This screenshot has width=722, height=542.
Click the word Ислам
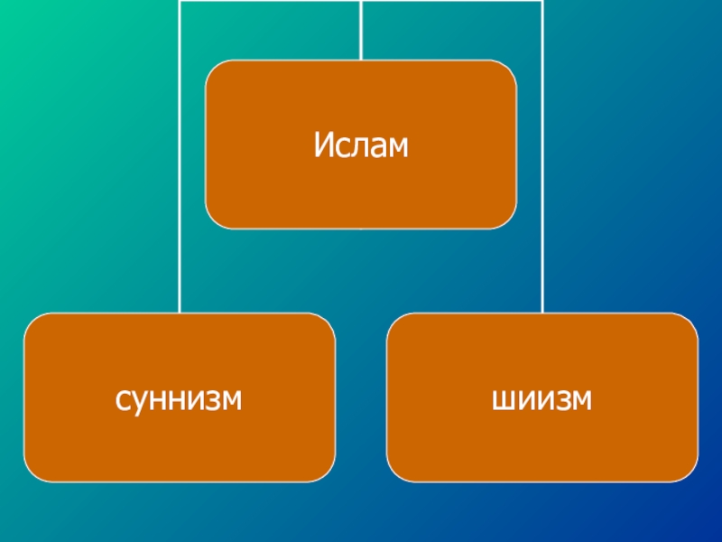361,145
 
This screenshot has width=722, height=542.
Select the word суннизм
180,397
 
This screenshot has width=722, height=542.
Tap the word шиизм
542,397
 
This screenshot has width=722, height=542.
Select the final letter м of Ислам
397,145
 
